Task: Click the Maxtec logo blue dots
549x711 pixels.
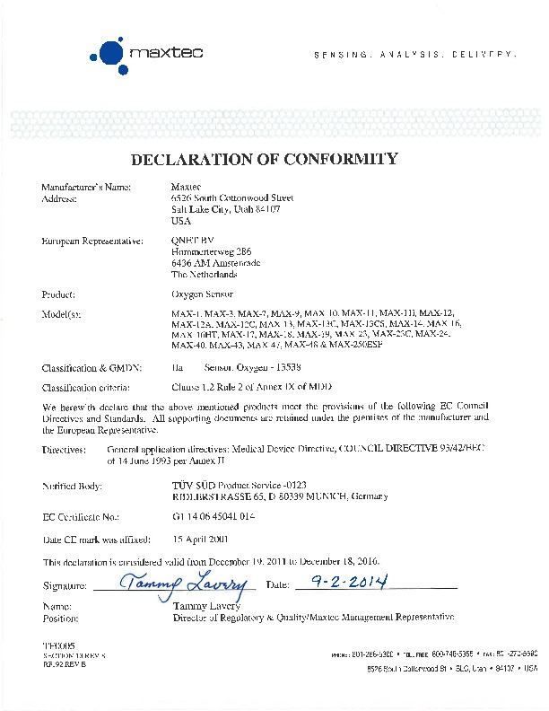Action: click(109, 53)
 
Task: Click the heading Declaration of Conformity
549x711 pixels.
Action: click(264, 160)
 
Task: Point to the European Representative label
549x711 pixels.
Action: click(92, 241)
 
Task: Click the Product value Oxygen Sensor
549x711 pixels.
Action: click(201, 294)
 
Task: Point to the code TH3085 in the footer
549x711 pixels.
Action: click(57, 645)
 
